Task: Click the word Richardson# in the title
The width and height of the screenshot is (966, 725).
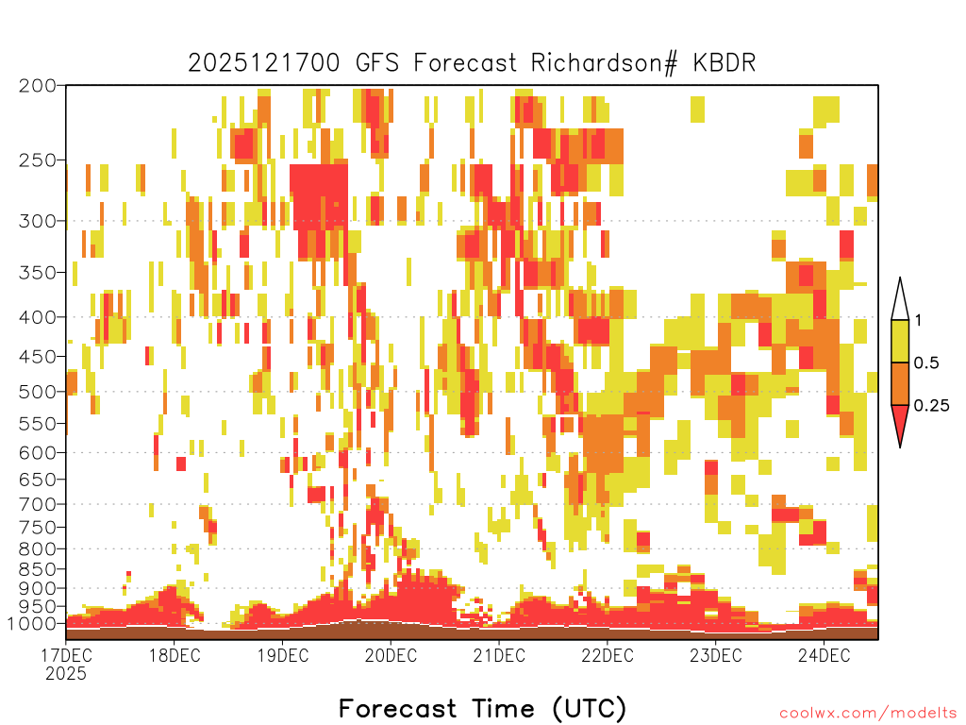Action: [x=604, y=63]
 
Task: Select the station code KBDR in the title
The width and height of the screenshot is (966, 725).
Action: [x=724, y=63]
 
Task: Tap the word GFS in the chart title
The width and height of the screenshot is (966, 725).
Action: [x=377, y=63]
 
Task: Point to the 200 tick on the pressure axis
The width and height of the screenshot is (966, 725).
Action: [x=37, y=86]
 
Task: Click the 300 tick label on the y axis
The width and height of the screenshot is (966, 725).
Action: [x=37, y=221]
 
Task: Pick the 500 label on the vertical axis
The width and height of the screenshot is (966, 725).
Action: [x=37, y=392]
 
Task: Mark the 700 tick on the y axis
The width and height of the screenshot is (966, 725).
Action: [x=37, y=504]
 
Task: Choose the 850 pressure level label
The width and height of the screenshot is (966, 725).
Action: [x=37, y=569]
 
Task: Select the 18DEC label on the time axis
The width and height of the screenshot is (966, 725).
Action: [x=175, y=655]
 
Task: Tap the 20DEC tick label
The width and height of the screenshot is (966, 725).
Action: [x=391, y=655]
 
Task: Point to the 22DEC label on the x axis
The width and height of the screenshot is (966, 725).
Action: [x=608, y=655]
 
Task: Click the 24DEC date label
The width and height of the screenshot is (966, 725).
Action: [x=824, y=655]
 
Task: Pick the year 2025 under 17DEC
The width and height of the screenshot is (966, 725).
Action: [x=66, y=674]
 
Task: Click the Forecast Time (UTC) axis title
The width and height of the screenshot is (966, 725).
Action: [x=482, y=708]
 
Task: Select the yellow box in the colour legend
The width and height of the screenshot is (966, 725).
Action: [x=900, y=341]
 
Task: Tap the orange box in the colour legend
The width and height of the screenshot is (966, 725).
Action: [x=900, y=383]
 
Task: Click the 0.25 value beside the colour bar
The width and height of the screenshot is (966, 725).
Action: [x=931, y=406]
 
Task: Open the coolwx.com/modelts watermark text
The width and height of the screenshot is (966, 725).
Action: [x=868, y=714]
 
